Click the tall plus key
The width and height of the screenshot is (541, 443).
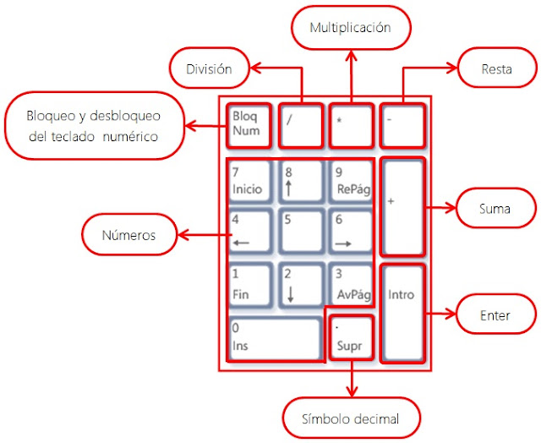(x=402, y=205)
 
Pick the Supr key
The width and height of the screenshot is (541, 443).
(x=350, y=336)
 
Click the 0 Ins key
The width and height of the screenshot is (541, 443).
(x=276, y=337)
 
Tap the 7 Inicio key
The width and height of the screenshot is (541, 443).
(x=249, y=181)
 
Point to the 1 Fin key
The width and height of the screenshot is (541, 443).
(x=249, y=285)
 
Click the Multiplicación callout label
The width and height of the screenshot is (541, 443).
(x=350, y=28)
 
